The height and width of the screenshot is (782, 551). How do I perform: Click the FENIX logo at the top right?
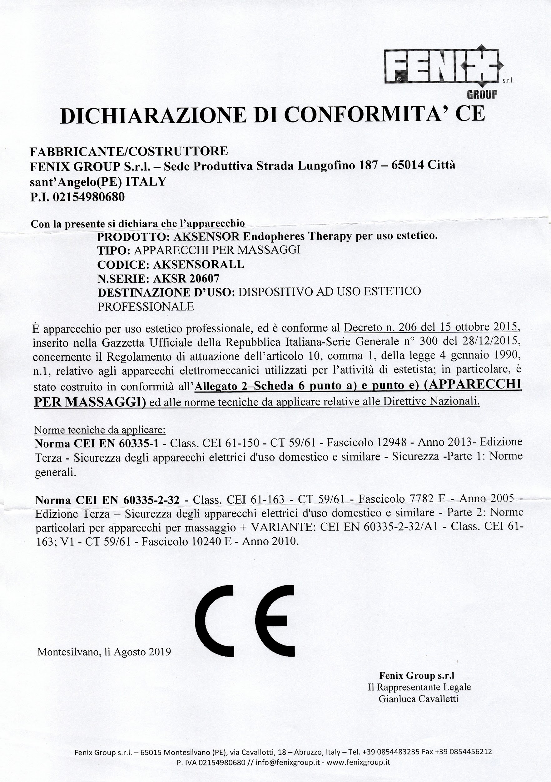pos(442,66)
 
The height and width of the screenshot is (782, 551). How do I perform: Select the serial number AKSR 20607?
pos(186,278)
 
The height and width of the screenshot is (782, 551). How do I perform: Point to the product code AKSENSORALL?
pos(199,264)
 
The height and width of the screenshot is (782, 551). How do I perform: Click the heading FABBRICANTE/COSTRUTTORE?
pos(129,150)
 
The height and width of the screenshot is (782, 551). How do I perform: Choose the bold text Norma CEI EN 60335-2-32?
pos(107,500)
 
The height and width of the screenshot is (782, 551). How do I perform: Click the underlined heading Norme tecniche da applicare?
pos(100,430)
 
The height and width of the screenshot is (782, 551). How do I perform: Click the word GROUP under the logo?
pos(482,94)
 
